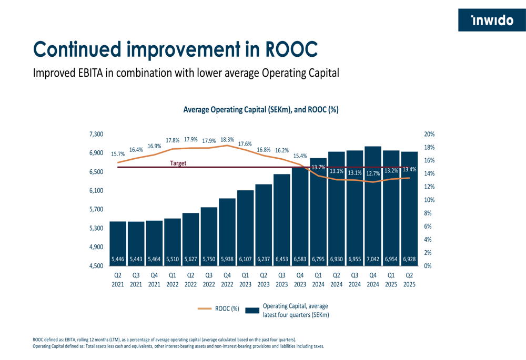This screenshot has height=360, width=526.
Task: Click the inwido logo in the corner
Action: [492, 20]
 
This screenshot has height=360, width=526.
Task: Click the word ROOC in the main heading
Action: [292, 49]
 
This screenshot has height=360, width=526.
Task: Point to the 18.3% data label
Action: [227, 140]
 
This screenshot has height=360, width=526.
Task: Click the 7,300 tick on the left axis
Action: [96, 135]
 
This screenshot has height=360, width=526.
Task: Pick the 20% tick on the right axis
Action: [429, 135]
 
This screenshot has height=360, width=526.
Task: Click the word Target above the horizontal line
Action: [178, 163]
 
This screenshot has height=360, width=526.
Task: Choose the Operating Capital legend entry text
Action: [296, 310]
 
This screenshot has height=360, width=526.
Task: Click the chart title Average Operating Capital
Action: [260, 110]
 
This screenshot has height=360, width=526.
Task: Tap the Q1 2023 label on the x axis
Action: [245, 279]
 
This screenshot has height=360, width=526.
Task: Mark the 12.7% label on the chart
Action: [373, 173]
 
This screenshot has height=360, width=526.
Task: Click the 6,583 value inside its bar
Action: [300, 259]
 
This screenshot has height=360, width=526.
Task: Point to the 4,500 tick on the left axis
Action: [96, 266]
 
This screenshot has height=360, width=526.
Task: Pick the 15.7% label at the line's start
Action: [118, 155]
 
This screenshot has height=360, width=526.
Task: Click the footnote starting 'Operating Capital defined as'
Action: [178, 346]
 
